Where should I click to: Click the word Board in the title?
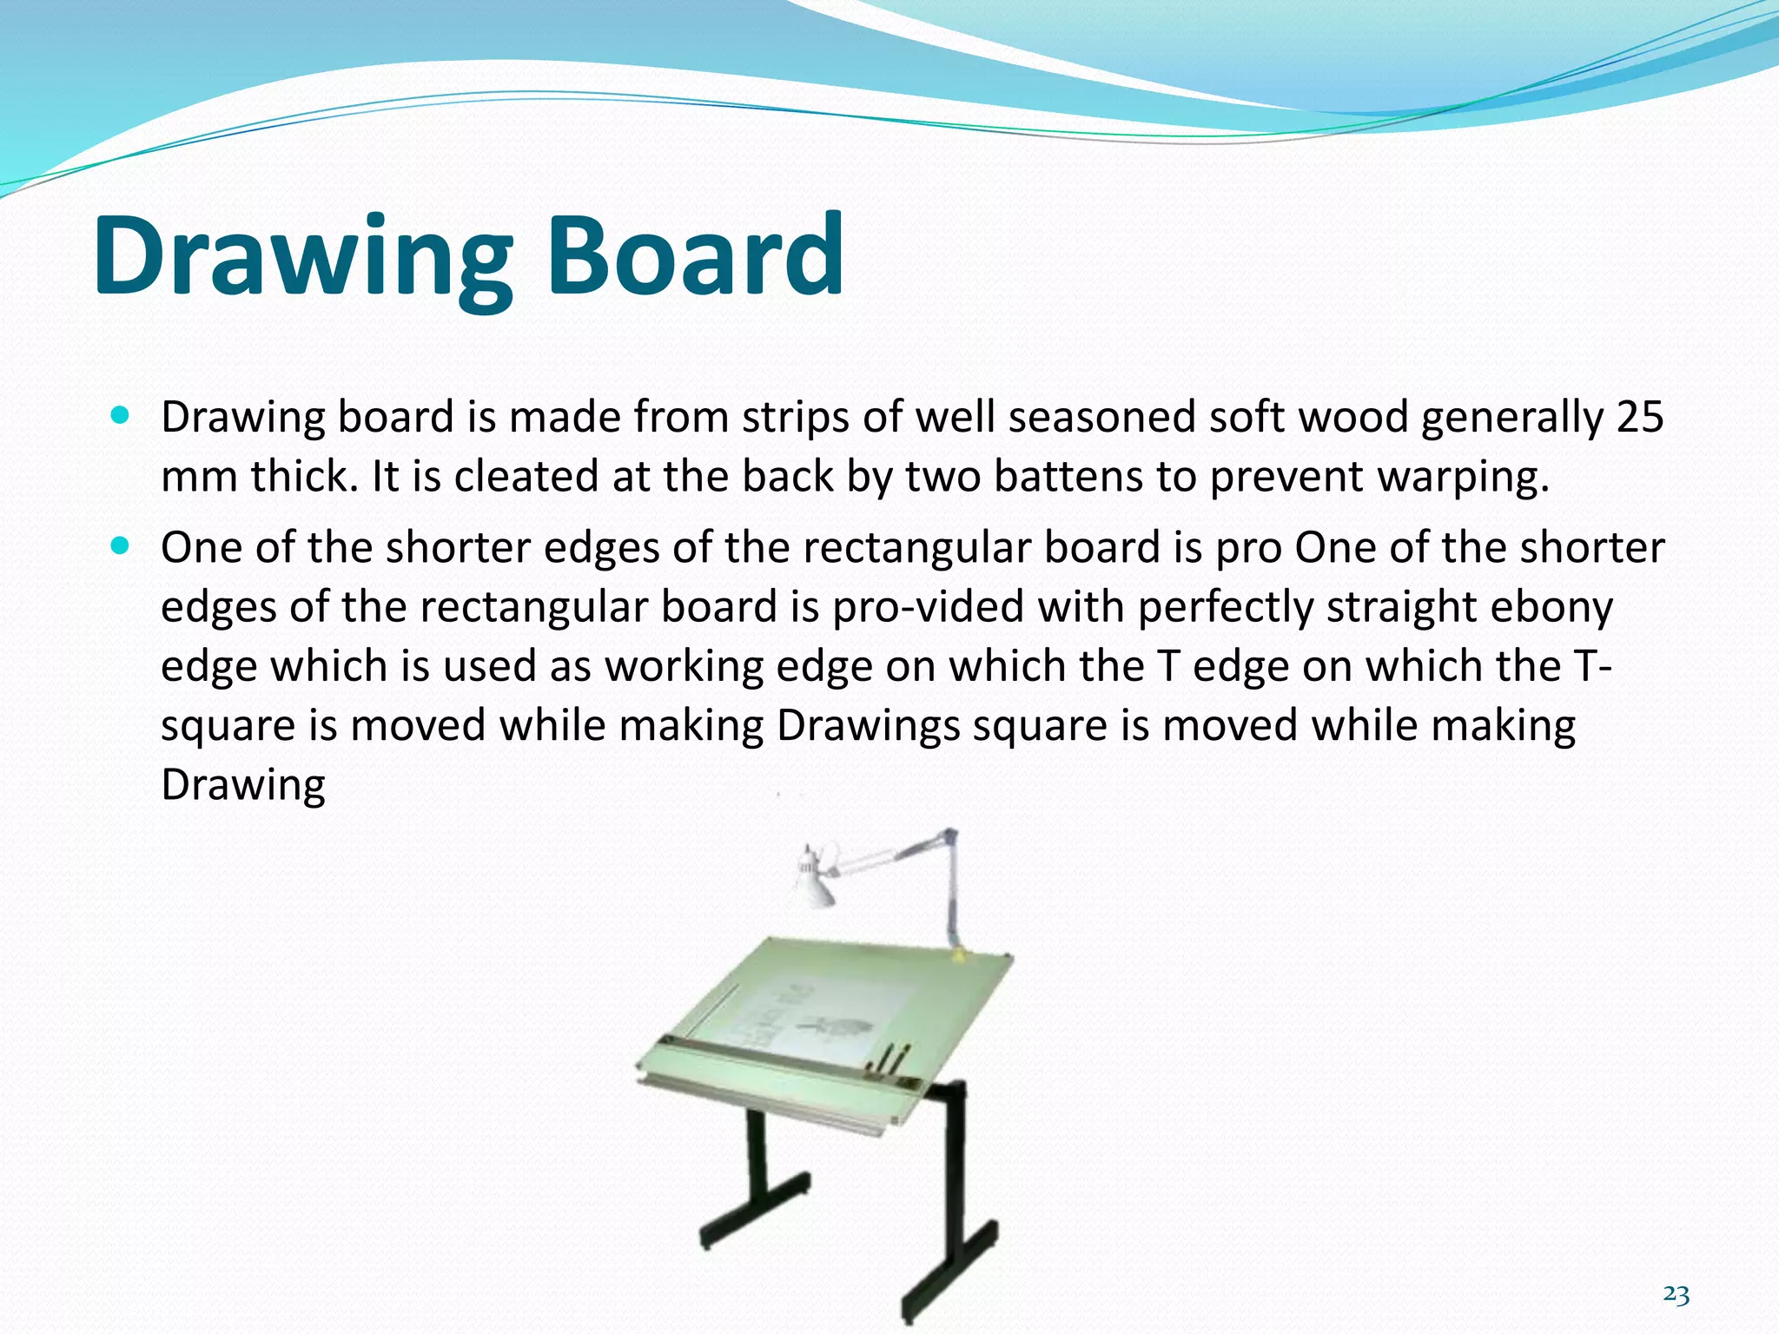coord(695,256)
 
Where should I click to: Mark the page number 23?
coord(1676,1295)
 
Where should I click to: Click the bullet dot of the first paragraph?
coord(121,416)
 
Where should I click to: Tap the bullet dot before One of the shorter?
coord(121,546)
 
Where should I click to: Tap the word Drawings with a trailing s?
coord(868,727)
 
